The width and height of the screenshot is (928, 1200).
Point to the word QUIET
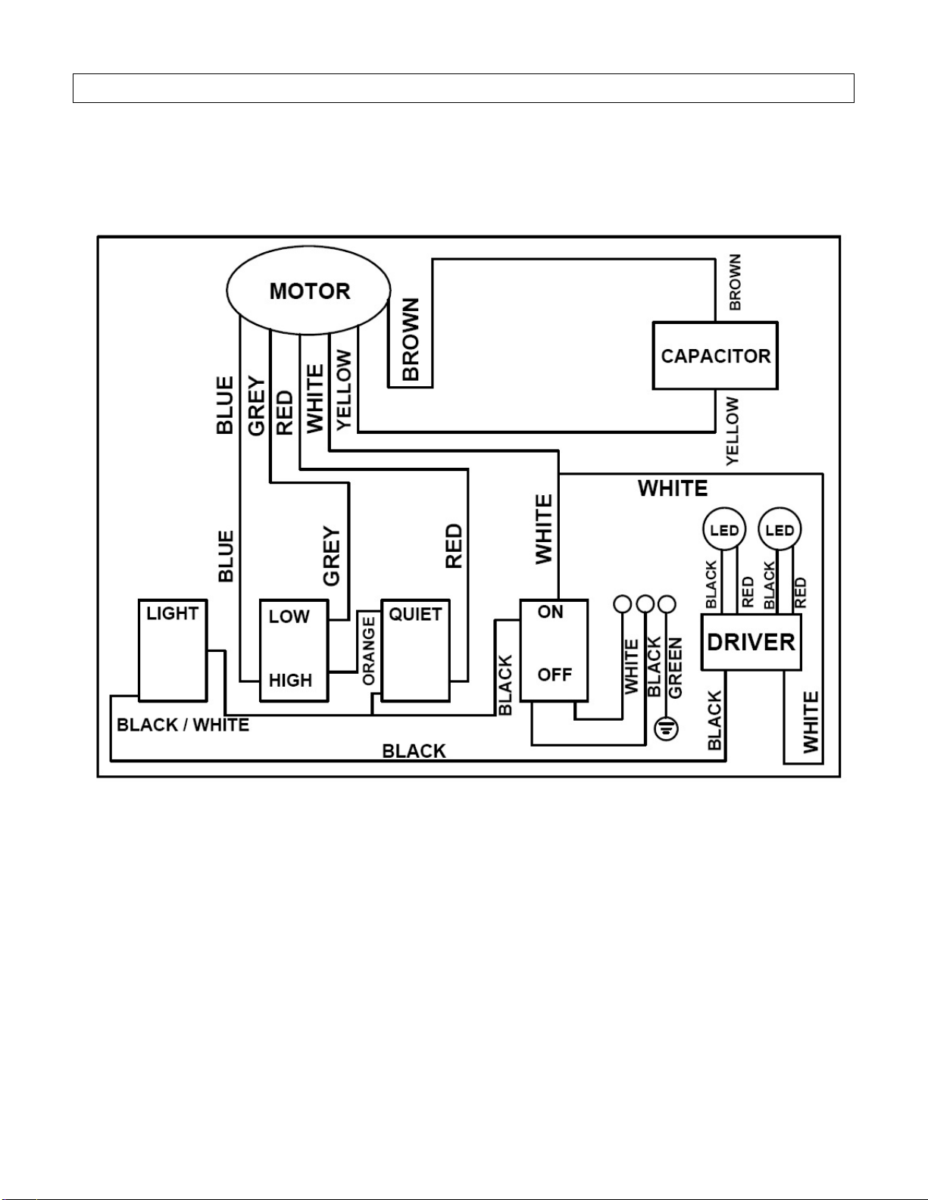click(x=415, y=614)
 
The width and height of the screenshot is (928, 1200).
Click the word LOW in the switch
click(x=289, y=616)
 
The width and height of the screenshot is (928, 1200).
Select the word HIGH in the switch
click(x=291, y=680)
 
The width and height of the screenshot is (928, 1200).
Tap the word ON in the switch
click(x=550, y=612)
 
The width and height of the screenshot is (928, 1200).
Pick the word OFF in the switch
click(x=555, y=675)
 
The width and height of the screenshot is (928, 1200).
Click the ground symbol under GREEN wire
click(x=666, y=728)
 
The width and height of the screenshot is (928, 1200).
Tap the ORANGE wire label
click(x=368, y=651)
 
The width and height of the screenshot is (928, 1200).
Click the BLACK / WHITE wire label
click(x=183, y=725)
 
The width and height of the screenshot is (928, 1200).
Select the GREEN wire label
click(x=676, y=669)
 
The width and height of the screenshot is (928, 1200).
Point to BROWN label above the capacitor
click(x=735, y=282)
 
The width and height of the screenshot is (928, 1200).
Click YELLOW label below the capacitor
click(x=732, y=431)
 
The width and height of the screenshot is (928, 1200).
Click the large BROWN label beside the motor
click(x=411, y=340)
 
